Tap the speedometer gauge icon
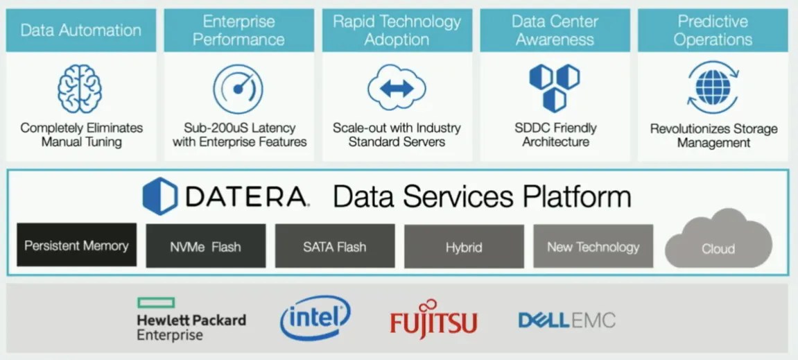(x=238, y=89)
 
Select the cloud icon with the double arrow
(x=397, y=88)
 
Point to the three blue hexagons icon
(x=554, y=87)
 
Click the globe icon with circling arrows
(x=712, y=87)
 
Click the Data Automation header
(x=81, y=31)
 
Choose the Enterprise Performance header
(x=238, y=31)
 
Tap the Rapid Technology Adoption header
(x=397, y=31)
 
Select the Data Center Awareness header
(x=555, y=31)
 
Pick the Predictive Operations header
(x=713, y=31)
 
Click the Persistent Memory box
(x=76, y=246)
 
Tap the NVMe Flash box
(x=205, y=246)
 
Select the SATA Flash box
(x=335, y=246)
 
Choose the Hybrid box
(x=464, y=246)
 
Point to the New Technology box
(x=593, y=246)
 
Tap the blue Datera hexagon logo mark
(x=160, y=196)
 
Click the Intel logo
(x=315, y=318)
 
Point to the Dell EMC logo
(x=566, y=320)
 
